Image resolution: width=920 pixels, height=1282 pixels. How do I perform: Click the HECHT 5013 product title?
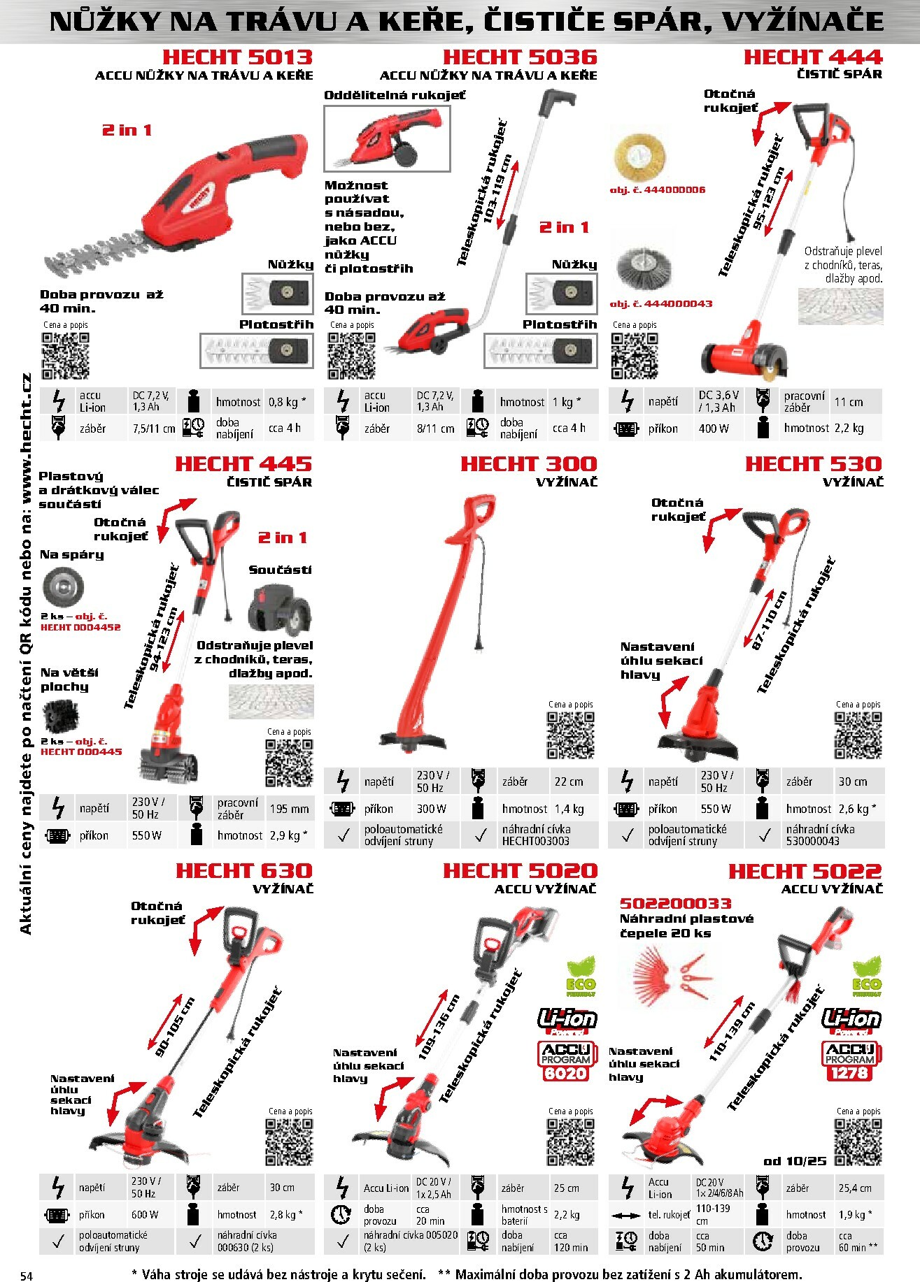point(237,57)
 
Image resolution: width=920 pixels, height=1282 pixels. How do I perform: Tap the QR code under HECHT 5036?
point(352,355)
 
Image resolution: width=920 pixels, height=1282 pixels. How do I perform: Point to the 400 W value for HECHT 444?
point(714,428)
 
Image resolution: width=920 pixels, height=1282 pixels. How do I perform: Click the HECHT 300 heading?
point(528,464)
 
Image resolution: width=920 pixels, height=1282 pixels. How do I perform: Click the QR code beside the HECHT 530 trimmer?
point(858,735)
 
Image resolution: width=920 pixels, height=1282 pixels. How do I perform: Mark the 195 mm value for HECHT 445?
point(289,809)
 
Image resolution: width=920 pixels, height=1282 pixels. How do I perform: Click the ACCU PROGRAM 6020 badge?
point(566,1060)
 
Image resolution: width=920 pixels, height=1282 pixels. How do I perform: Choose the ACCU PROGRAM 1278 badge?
point(849,1060)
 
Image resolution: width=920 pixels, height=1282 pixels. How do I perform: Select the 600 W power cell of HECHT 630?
point(145,1214)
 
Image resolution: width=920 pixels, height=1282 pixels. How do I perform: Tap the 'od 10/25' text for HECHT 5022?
point(794,1160)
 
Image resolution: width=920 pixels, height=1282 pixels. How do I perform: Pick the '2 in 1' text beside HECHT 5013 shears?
point(127,130)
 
